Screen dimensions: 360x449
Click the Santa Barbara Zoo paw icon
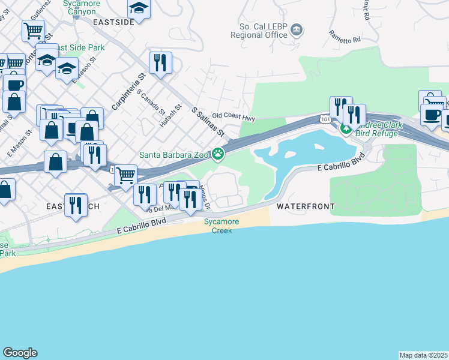[218, 155]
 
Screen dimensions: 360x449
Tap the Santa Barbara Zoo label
[173, 155]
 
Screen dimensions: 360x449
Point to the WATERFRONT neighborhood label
[305, 206]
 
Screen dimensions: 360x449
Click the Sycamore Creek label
[221, 226]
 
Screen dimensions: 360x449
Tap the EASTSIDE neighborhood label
[113, 22]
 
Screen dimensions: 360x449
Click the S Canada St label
[151, 102]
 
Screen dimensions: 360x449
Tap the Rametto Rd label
[344, 36]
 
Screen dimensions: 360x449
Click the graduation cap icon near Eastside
[139, 8]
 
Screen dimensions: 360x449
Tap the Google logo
[20, 353]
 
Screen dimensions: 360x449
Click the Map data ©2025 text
[424, 355]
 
